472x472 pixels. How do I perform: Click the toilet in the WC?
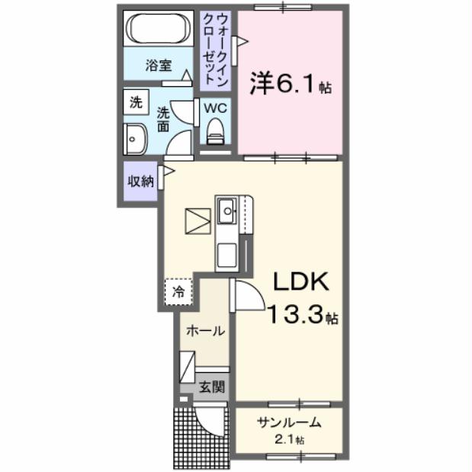[x=216, y=130]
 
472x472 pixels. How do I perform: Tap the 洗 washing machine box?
[x=136, y=102]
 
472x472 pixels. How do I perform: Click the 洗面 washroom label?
[x=163, y=120]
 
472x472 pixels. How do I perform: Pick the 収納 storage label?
[x=140, y=181]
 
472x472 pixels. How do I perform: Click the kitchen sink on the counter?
[x=227, y=210]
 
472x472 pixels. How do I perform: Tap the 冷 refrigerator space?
[x=178, y=291]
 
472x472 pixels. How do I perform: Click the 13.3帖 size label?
[x=302, y=315]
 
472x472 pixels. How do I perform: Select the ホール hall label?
[x=205, y=331]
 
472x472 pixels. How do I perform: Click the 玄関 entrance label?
[x=212, y=387]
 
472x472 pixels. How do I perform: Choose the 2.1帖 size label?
[x=290, y=440]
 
